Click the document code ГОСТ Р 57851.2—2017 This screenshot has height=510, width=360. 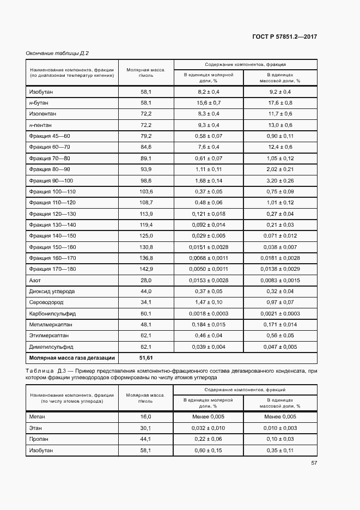pos(285,37)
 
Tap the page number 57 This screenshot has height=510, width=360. pos(314,463)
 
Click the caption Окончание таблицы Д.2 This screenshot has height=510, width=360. pos(57,53)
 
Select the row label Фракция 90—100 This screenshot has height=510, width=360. pos(51,180)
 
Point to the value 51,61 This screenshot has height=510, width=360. pos(145,358)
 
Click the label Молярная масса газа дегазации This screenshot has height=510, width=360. pos(72,358)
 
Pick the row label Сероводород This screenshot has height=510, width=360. pos(46,302)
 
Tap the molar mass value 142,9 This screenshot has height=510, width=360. pos(145,269)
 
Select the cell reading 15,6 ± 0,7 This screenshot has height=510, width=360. pos(209,103)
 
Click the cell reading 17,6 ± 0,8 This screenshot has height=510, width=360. pos(280,103)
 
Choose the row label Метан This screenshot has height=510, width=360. pos(38,416)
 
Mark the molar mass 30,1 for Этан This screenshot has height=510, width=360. pos(145,428)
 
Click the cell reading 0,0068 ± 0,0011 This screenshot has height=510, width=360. pos(209,258)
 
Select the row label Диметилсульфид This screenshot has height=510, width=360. pos(51,347)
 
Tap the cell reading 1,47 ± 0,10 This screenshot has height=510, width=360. pos(209,302)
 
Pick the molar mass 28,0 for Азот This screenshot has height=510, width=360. pos(145,280)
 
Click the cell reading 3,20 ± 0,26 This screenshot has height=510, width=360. pos(280,180)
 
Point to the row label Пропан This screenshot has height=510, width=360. pos(39,439)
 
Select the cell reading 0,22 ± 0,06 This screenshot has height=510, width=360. pos(209,439)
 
